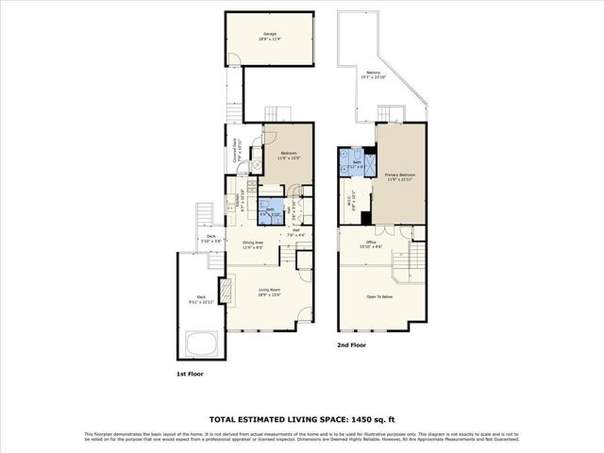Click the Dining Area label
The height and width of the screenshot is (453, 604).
252,244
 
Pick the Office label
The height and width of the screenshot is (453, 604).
372,244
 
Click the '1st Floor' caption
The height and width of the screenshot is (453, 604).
189,374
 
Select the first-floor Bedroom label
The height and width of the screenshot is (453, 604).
287,155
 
